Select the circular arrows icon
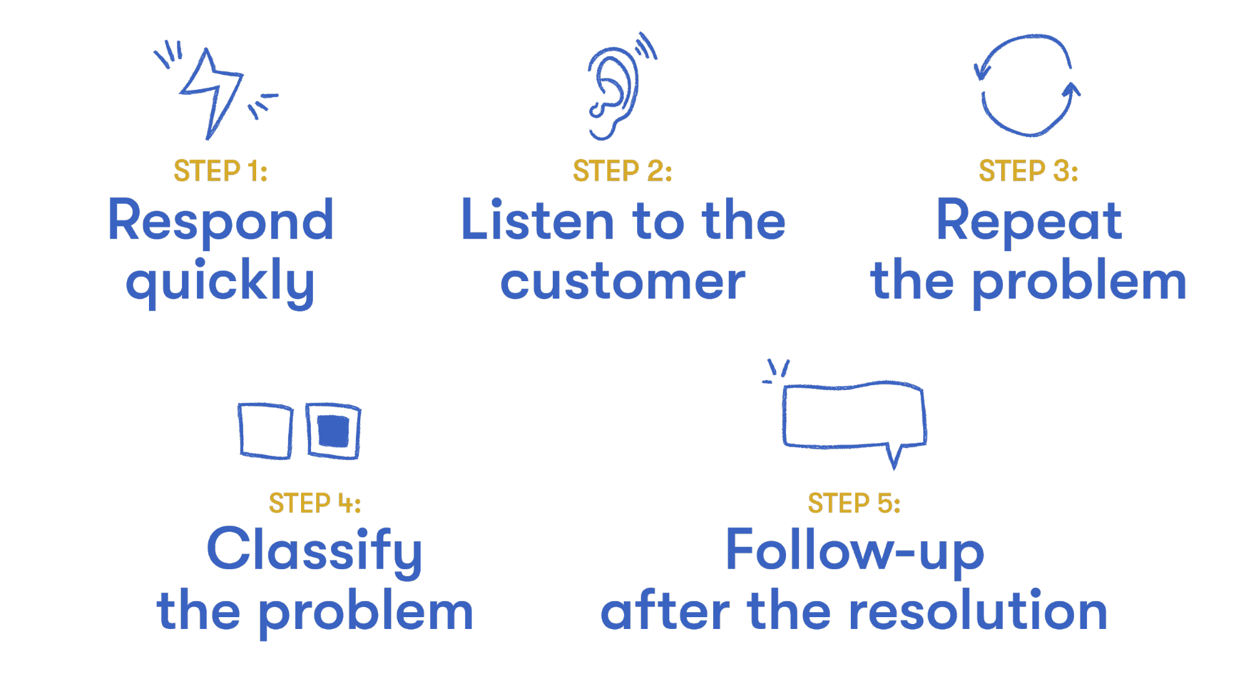click(1027, 85)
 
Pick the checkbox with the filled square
click(333, 431)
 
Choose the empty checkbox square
click(266, 431)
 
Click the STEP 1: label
click(221, 171)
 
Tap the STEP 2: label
click(622, 171)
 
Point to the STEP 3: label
click(1028, 171)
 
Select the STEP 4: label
click(315, 503)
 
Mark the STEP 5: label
click(854, 503)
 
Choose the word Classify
click(315, 551)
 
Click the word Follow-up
click(855, 551)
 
